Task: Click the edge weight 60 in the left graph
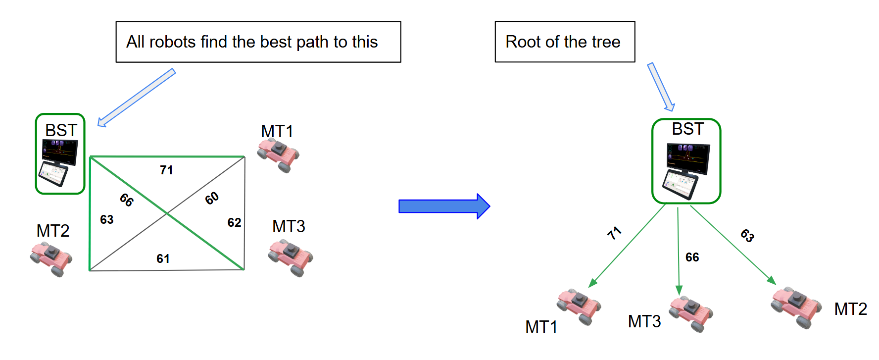(212, 198)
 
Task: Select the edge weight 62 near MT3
(234, 222)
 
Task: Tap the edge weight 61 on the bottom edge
(163, 258)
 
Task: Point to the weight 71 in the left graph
(166, 170)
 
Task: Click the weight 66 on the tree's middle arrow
(692, 257)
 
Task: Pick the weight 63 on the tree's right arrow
(747, 235)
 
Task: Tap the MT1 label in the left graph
(277, 131)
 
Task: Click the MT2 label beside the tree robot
(850, 309)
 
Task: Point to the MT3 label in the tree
(644, 321)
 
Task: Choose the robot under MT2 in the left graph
(51, 258)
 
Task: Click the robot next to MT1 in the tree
(579, 307)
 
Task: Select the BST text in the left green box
(61, 130)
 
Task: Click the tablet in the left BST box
(53, 173)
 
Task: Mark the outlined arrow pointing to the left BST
(136, 98)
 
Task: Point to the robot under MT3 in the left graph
(291, 257)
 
